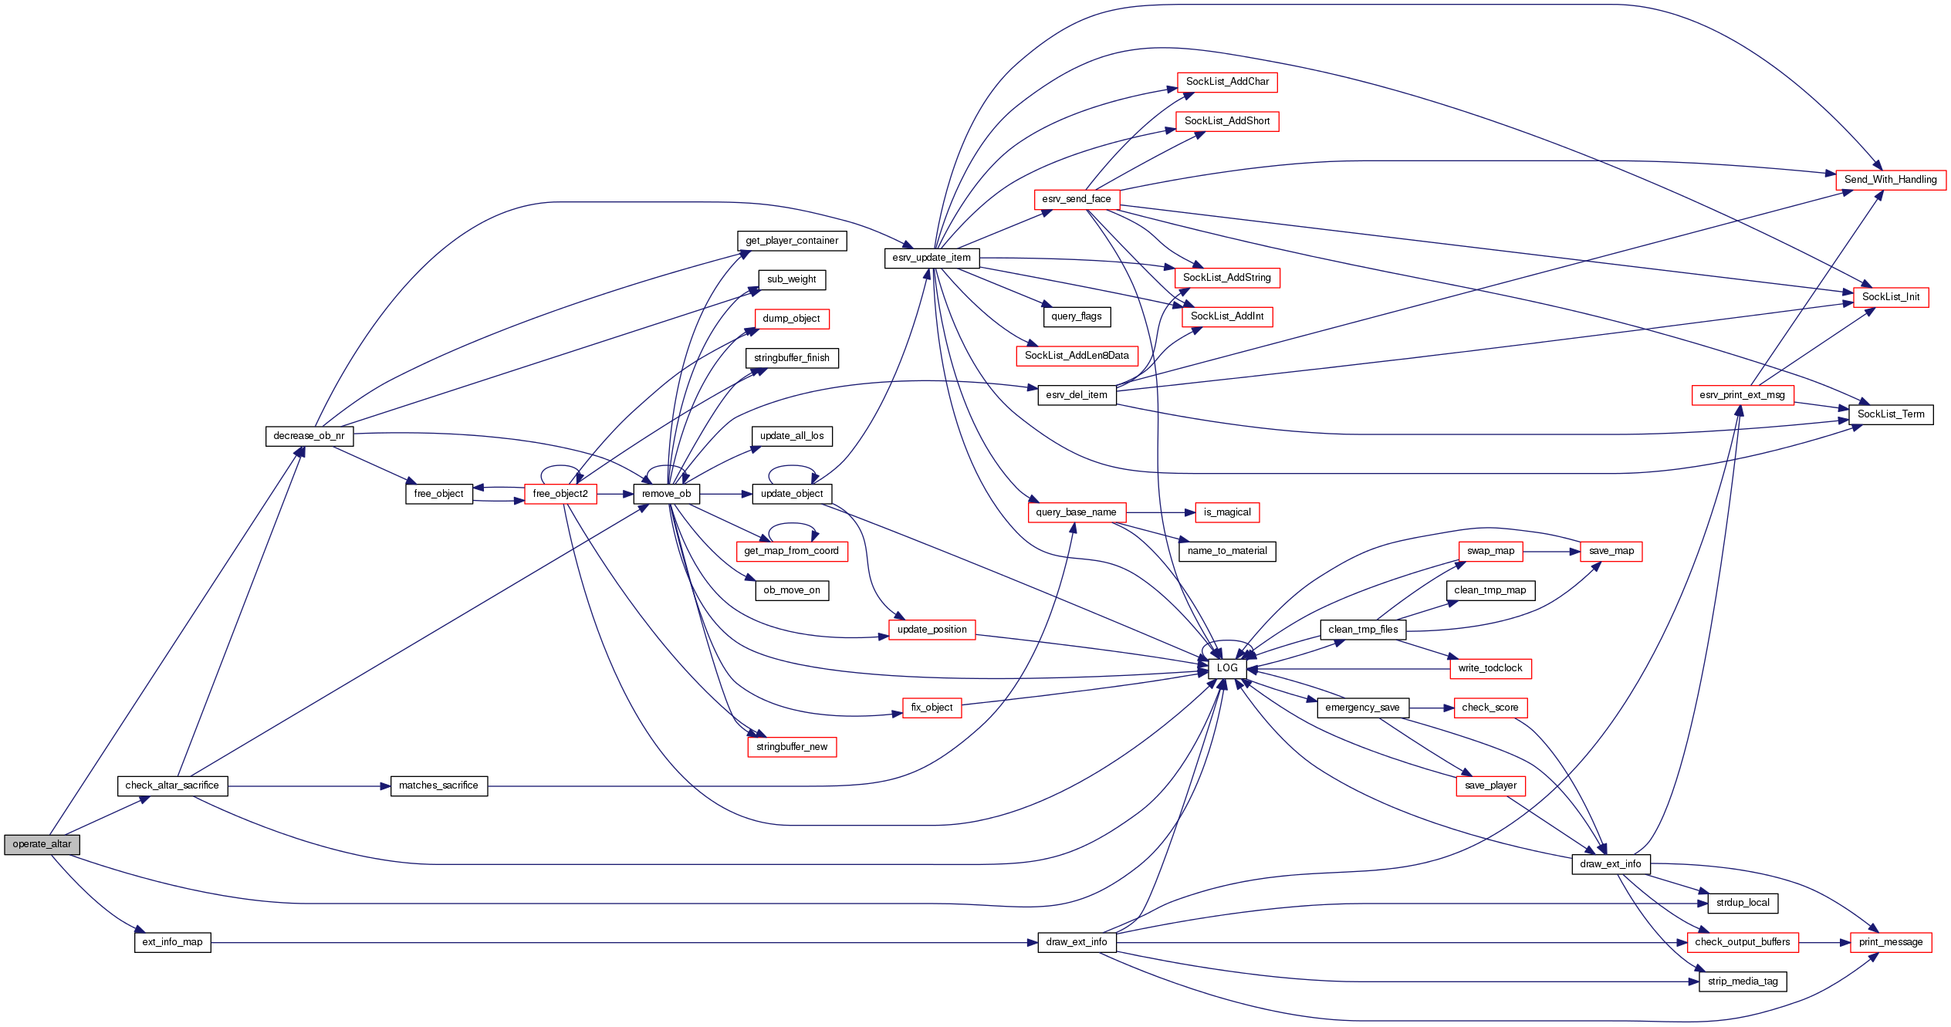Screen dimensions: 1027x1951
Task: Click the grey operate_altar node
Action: click(x=42, y=844)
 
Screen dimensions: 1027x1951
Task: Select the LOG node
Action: click(x=1226, y=668)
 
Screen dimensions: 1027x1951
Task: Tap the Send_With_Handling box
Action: click(x=1890, y=180)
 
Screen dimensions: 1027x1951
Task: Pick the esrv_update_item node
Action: click(x=932, y=258)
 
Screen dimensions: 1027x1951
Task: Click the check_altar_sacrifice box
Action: click(x=172, y=785)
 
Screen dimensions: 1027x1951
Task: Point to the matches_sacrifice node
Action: click(x=438, y=785)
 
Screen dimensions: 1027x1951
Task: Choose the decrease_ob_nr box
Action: click(x=309, y=436)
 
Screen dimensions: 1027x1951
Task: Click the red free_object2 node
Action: click(x=560, y=494)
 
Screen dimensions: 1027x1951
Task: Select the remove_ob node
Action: click(x=666, y=494)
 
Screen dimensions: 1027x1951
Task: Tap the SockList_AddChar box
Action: click(x=1227, y=82)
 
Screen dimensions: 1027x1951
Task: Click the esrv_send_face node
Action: click(x=1076, y=199)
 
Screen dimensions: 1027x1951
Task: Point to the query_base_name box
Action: click(x=1076, y=512)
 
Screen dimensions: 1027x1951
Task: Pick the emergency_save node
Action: click(x=1362, y=708)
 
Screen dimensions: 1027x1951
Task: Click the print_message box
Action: click(x=1890, y=942)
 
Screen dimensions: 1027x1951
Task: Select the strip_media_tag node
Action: click(x=1743, y=981)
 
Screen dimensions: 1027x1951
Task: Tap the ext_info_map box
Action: click(x=172, y=942)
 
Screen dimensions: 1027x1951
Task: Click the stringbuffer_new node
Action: click(x=791, y=747)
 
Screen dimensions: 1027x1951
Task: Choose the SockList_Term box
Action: click(x=1890, y=414)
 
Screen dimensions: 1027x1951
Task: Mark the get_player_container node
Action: click(x=791, y=241)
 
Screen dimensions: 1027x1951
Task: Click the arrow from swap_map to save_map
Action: click(x=1551, y=552)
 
